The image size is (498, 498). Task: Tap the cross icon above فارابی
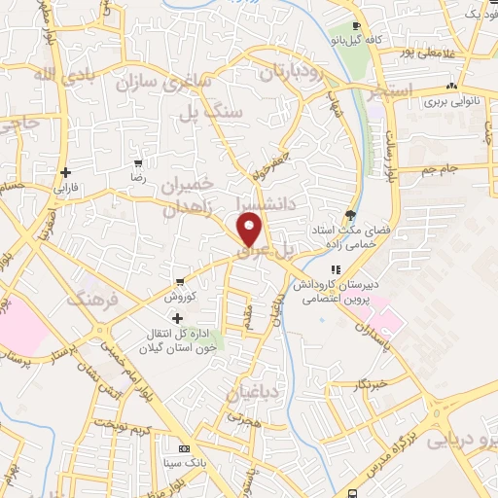(x=65, y=172)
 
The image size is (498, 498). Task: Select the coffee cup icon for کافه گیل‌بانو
(x=356, y=27)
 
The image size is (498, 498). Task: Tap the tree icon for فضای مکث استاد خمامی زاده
(x=350, y=215)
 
